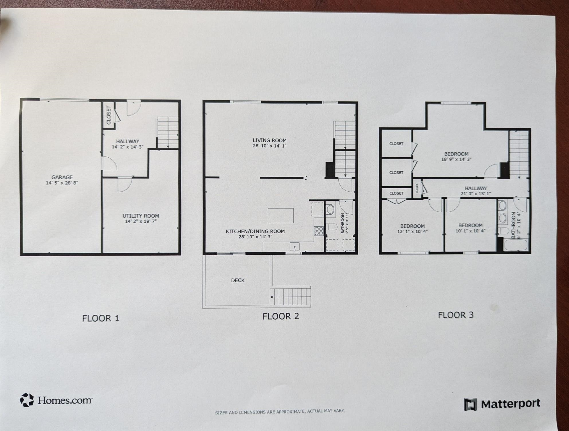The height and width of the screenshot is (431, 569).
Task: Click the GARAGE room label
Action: (x=62, y=177)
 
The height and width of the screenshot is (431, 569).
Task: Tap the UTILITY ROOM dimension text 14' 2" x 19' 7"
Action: (x=141, y=221)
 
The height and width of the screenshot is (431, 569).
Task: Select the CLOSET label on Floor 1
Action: (x=109, y=115)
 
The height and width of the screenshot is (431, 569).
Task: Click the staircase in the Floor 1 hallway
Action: (x=168, y=132)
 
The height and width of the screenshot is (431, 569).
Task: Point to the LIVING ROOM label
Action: (x=269, y=140)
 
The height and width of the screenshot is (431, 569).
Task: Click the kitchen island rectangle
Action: (x=280, y=215)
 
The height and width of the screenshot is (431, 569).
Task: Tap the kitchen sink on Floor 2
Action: (x=294, y=246)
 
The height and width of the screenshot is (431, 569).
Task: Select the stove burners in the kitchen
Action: (x=319, y=231)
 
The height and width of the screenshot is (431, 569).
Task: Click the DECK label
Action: (x=238, y=280)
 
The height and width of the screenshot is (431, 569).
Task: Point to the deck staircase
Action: (x=290, y=297)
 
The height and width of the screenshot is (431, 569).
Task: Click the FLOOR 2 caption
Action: (x=280, y=316)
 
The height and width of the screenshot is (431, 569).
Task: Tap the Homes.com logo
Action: (x=56, y=400)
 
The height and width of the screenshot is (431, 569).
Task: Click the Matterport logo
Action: (x=502, y=404)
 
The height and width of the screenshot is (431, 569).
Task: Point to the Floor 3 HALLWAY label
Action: (x=476, y=188)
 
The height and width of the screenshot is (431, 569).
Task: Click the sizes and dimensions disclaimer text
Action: (x=280, y=412)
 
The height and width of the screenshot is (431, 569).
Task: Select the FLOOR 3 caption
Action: (x=456, y=315)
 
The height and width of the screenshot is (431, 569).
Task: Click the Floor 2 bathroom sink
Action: (x=330, y=209)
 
